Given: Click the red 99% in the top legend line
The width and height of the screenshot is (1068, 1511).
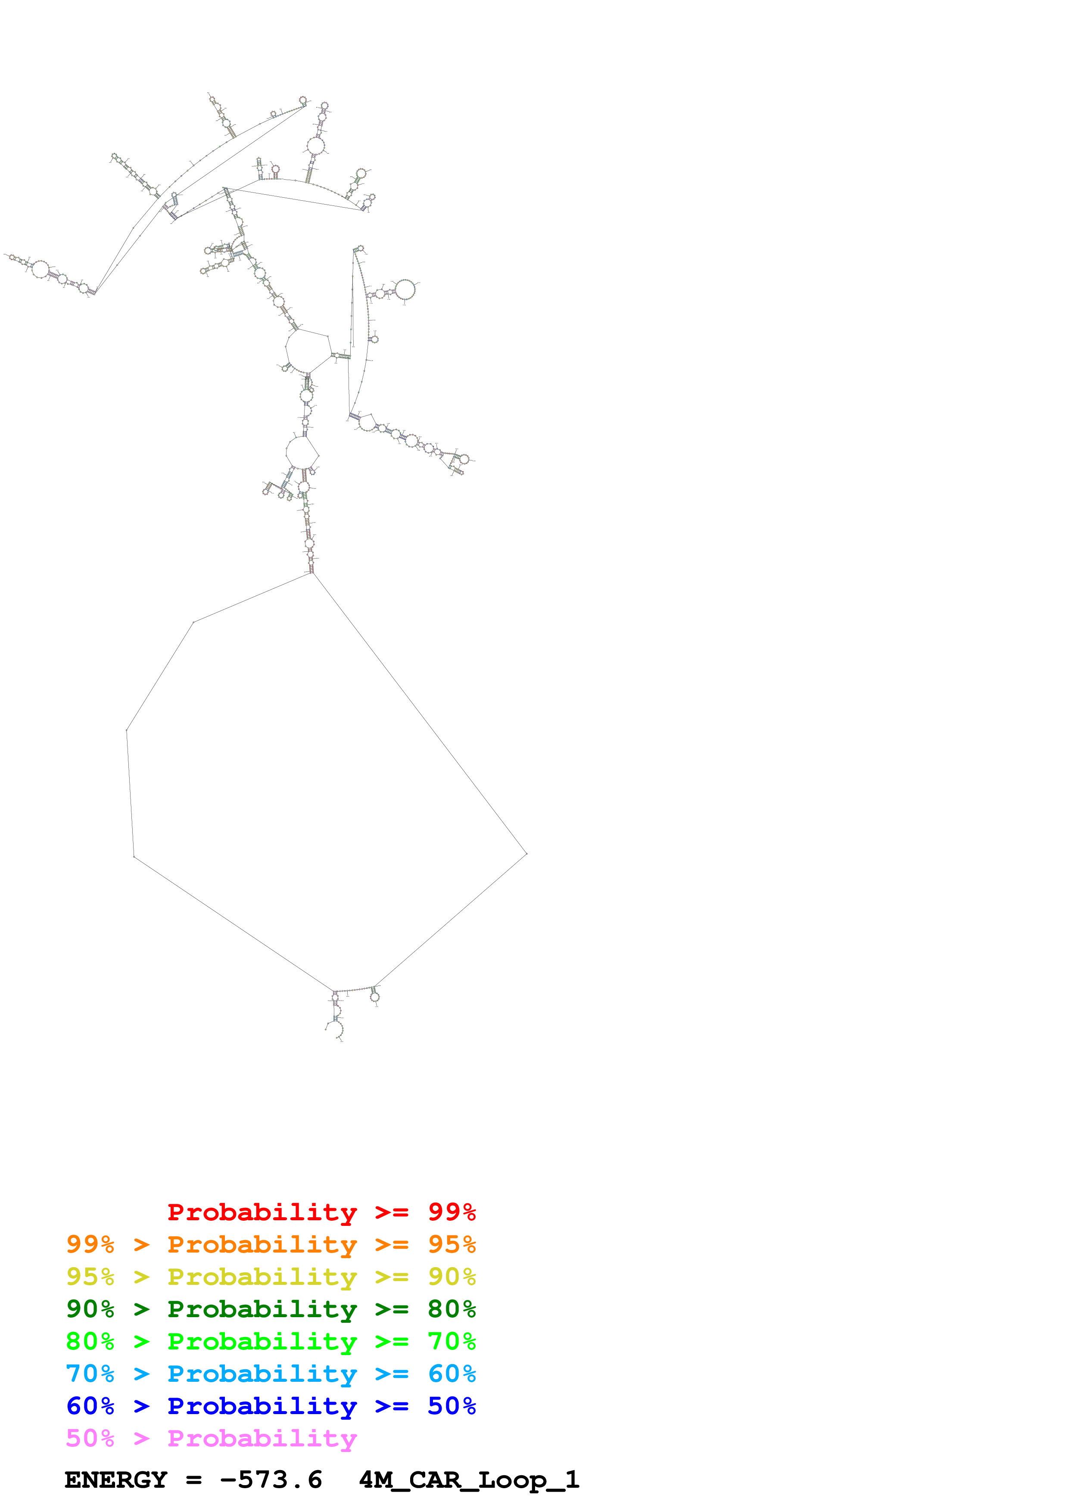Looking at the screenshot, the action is (x=451, y=1212).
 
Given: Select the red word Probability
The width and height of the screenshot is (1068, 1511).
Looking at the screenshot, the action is (x=262, y=1212).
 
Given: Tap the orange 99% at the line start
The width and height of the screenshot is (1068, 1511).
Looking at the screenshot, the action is (x=90, y=1244).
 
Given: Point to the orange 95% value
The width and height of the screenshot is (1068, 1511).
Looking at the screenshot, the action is (x=451, y=1244).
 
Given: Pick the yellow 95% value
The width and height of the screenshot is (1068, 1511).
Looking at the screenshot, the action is (x=90, y=1277).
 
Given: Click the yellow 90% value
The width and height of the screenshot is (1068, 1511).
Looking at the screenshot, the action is (x=451, y=1277).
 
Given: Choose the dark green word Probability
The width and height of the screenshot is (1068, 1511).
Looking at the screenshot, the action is (x=262, y=1309).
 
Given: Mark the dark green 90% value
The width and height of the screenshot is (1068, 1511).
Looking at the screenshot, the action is (x=90, y=1309).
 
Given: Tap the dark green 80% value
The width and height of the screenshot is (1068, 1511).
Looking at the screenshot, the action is (x=451, y=1309).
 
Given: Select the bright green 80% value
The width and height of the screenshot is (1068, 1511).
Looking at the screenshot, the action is (x=90, y=1341).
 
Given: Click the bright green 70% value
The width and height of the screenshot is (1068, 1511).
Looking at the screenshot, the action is (x=451, y=1341).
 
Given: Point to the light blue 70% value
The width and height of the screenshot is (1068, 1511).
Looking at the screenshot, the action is (x=90, y=1374).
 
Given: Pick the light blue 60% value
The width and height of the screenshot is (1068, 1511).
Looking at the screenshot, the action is (x=451, y=1374).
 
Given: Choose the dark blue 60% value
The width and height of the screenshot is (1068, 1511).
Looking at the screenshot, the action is (x=90, y=1406).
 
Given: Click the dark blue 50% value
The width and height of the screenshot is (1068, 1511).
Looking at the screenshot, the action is (x=451, y=1406).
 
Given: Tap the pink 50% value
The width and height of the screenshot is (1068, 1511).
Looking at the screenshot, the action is (x=90, y=1438).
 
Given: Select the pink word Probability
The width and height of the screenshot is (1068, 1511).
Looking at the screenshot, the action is (x=262, y=1438).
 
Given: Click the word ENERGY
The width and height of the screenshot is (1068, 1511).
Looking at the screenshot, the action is (x=116, y=1480).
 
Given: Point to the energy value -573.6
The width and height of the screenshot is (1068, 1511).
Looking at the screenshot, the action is (x=271, y=1480).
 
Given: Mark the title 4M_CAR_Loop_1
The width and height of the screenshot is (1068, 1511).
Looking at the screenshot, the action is (x=469, y=1480).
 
